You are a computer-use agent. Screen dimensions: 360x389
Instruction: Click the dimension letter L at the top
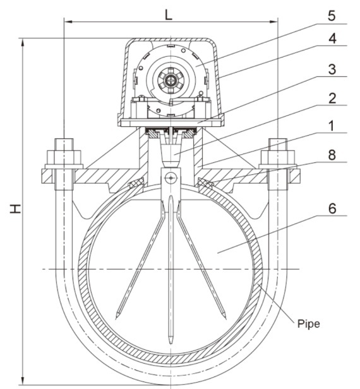169,15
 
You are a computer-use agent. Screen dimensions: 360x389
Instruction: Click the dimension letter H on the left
15,208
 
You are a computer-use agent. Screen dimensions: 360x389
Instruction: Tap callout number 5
332,16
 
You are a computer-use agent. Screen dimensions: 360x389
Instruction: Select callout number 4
332,39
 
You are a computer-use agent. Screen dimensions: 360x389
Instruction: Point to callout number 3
332,69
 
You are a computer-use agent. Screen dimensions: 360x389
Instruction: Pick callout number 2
332,99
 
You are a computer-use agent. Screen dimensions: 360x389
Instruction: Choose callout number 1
332,126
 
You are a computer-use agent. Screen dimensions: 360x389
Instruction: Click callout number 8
332,155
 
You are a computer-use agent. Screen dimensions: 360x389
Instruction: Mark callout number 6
332,208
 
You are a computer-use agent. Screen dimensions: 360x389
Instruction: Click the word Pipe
308,324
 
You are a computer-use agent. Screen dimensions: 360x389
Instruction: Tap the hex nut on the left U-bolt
64,157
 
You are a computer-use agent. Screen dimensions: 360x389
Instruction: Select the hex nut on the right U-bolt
278,157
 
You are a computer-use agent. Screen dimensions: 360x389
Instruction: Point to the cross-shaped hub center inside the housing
171,80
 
